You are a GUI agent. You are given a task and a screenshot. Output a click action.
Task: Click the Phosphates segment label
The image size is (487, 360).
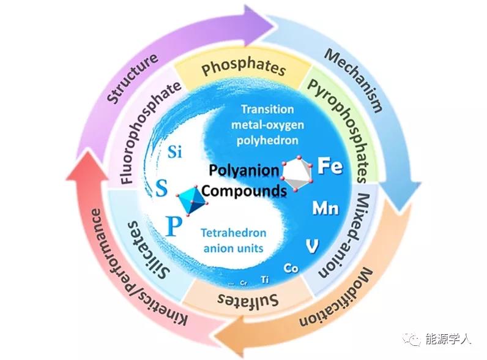click(x=243, y=68)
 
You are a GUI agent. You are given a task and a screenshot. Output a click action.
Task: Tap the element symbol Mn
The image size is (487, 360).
click(x=325, y=208)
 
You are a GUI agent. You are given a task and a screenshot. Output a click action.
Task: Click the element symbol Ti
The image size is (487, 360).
click(x=265, y=279)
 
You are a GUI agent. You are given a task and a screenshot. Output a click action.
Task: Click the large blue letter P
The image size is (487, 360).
click(x=174, y=228)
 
